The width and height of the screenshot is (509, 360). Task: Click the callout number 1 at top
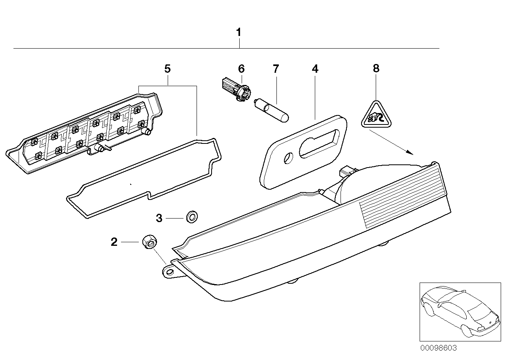(238, 32)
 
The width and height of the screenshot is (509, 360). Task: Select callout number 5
(167, 69)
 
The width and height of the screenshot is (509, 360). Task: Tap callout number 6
(241, 69)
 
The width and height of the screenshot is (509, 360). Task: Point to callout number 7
(276, 69)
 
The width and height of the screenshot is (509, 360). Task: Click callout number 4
(314, 69)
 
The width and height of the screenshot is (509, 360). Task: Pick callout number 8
(376, 68)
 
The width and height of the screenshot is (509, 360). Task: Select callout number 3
(159, 218)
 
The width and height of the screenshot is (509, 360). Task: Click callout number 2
(114, 242)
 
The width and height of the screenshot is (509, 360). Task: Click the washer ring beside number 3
(192, 217)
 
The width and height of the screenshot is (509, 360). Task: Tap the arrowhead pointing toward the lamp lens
(411, 153)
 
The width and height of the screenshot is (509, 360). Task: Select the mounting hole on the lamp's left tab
(169, 272)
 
